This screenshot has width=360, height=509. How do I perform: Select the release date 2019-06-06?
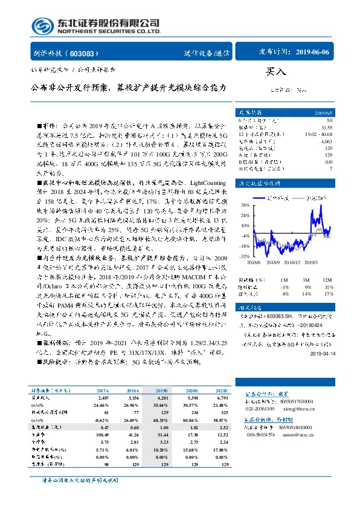(313, 53)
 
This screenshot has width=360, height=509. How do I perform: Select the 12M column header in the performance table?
(327, 280)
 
